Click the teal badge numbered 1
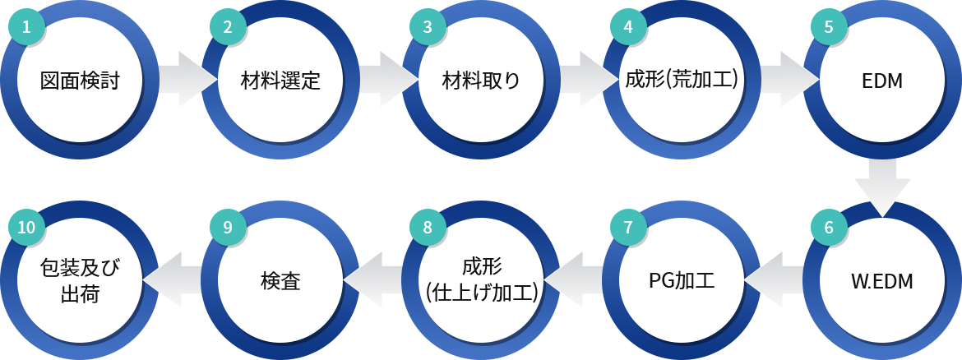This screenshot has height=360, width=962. [25, 27]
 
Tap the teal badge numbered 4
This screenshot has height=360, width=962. [628, 27]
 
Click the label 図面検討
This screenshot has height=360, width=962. [79, 81]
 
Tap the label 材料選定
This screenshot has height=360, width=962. [280, 81]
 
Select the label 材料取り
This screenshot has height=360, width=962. [480, 81]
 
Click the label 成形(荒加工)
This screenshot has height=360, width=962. [681, 81]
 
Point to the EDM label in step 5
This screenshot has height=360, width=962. [881, 81]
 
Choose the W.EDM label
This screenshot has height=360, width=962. [881, 282]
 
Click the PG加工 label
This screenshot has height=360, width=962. [681, 281]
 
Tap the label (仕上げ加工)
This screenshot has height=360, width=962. [481, 293]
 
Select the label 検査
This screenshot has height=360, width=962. [280, 281]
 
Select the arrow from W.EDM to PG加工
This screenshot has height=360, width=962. [773, 281]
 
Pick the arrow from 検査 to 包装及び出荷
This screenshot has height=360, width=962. [173, 281]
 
